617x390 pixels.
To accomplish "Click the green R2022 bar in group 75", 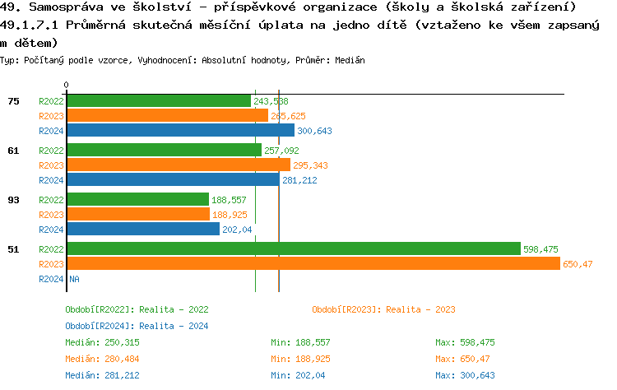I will pyautogui.click(x=158, y=101).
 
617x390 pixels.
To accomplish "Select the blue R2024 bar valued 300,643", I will pyautogui.click(x=180, y=131).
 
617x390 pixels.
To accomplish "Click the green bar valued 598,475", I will pyautogui.click(x=293, y=249).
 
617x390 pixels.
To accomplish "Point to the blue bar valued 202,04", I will pyautogui.click(x=142, y=230).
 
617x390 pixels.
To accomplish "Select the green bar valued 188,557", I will pyautogui.click(x=137, y=200).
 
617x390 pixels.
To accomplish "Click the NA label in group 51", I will pyautogui.click(x=73, y=279).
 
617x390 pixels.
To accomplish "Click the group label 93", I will pyautogui.click(x=13, y=200).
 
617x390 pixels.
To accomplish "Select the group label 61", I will pyautogui.click(x=13, y=151).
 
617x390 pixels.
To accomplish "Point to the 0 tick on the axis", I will pyautogui.click(x=66, y=86).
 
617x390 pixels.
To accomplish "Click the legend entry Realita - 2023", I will pyautogui.click(x=383, y=309).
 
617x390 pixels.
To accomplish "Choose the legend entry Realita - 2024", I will pyautogui.click(x=137, y=326).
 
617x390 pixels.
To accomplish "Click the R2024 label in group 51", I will pyautogui.click(x=51, y=279).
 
